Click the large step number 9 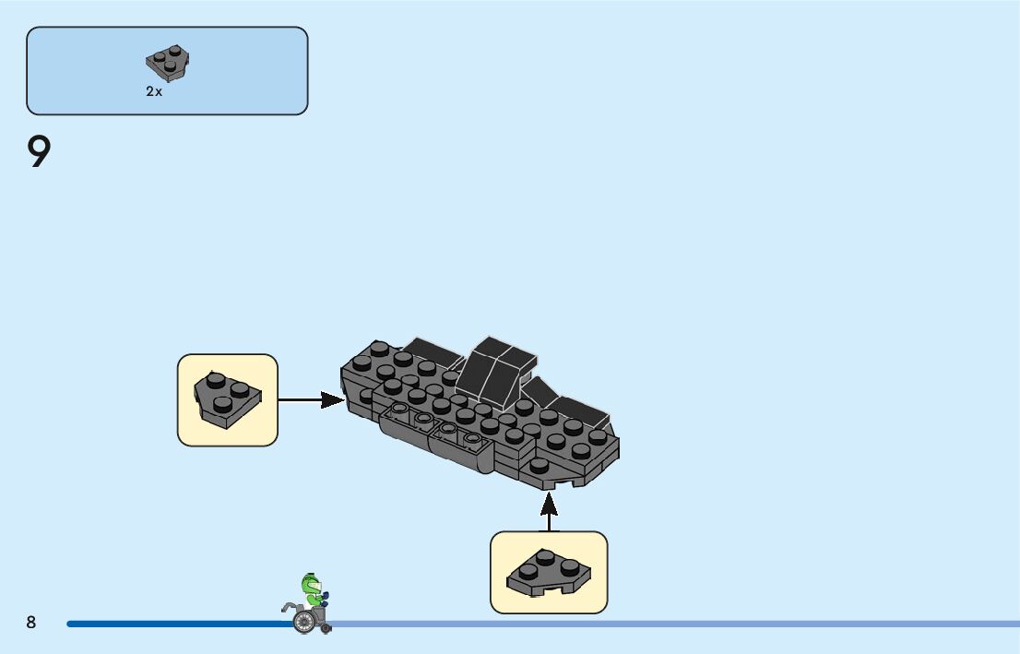[x=39, y=151]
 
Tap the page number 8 [x=31, y=622]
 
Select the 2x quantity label [x=154, y=91]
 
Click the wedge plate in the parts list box [x=167, y=63]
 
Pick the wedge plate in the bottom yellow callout [x=549, y=572]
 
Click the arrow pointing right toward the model [x=312, y=399]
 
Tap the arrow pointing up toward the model [x=549, y=512]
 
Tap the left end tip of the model [x=342, y=371]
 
